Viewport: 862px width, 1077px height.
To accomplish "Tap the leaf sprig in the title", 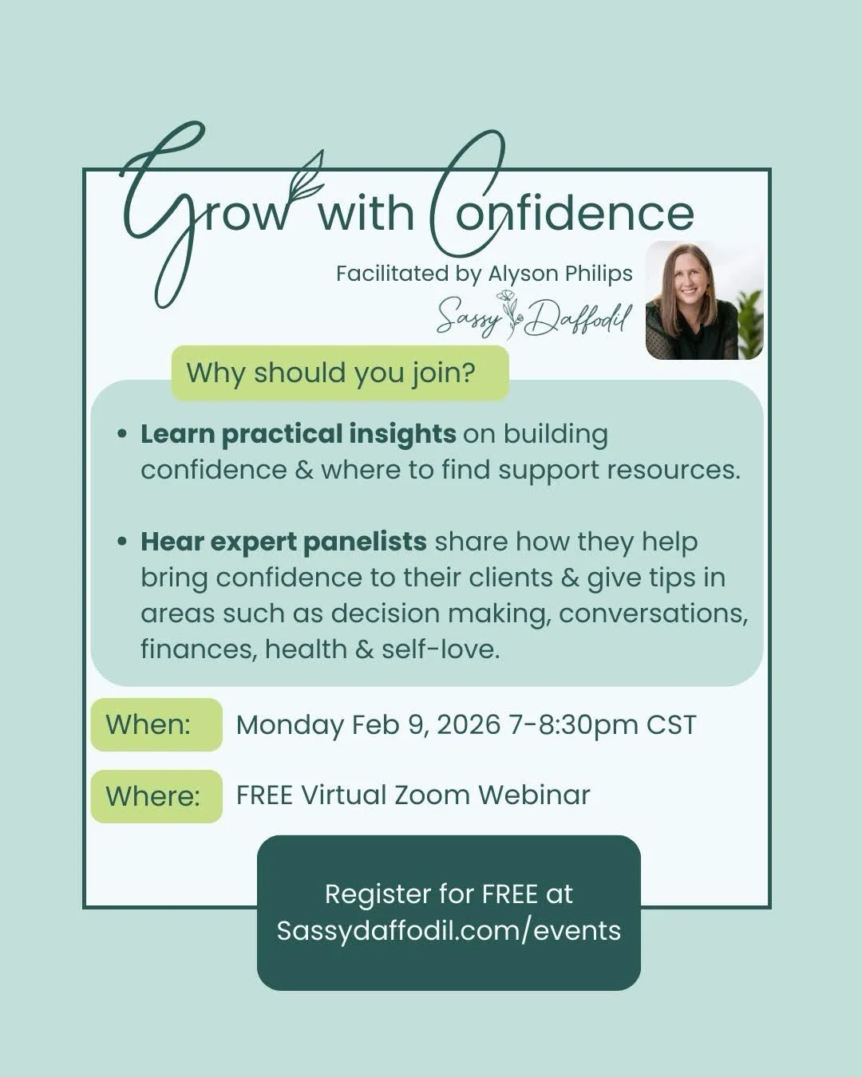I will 306,179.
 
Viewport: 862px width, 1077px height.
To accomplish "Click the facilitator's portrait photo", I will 703,300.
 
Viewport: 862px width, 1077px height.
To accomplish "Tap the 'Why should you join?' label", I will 330,373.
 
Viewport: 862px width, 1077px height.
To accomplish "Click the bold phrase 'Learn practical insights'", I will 299,434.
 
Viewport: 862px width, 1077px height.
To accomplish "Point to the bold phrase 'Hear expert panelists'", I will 283,542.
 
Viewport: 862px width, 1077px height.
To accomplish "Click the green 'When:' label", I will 148,724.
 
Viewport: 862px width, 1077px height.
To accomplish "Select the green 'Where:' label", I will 152,795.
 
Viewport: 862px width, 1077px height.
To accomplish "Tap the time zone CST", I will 670,725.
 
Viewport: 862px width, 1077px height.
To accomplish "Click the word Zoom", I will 430,795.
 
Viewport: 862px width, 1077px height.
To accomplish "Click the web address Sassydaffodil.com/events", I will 449,930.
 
